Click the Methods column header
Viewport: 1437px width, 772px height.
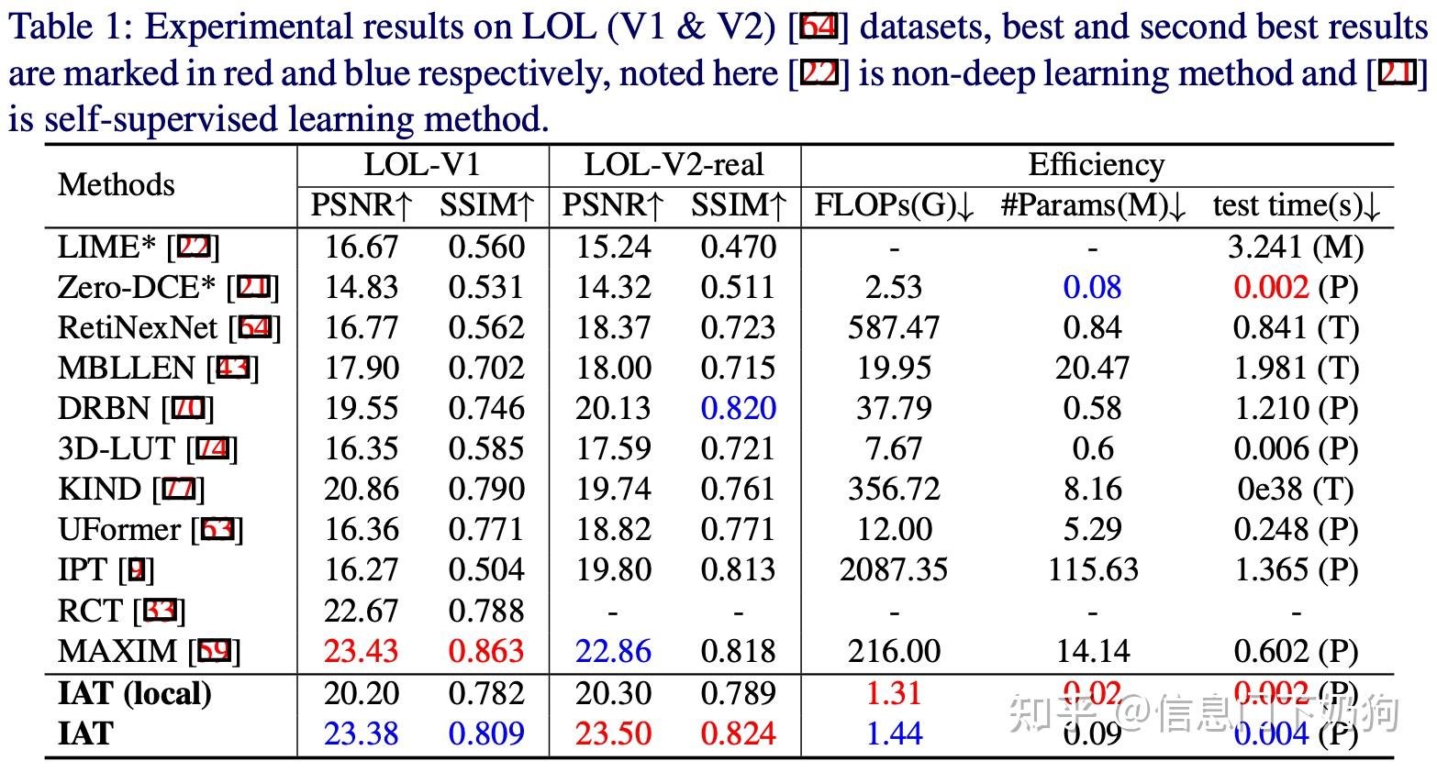[116, 184]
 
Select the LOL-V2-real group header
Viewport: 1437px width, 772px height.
[674, 165]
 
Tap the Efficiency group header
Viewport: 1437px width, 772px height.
[1096, 165]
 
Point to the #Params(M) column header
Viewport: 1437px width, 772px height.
[1092, 205]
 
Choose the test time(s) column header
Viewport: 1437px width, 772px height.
[1296, 205]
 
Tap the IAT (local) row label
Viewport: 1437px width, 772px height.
[134, 693]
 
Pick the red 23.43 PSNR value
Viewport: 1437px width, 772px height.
[362, 651]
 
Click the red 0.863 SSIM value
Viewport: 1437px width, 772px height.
[486, 651]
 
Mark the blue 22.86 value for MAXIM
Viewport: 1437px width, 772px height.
[613, 651]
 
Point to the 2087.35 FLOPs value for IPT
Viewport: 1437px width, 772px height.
[894, 569]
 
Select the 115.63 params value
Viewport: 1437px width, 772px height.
[1092, 569]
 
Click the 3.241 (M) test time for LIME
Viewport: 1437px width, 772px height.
[1296, 247]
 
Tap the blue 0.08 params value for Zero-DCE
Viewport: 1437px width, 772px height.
[1092, 287]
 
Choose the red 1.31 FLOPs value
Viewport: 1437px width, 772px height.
[894, 693]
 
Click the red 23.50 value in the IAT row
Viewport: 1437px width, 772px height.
[613, 733]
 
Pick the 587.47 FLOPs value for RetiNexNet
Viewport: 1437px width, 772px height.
[894, 327]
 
